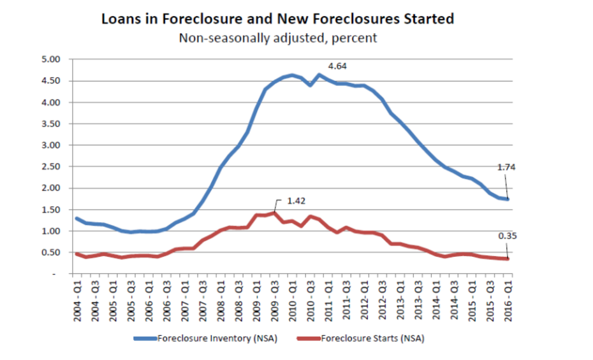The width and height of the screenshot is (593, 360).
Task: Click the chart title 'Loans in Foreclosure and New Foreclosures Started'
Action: (277, 18)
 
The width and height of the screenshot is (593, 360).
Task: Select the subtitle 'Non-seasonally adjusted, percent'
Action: (277, 38)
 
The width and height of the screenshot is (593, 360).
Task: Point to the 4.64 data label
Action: (337, 66)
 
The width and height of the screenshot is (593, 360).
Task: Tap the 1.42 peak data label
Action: (296, 201)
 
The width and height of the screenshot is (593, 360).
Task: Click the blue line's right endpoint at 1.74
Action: (508, 199)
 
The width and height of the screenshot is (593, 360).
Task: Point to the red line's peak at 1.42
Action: (275, 213)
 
